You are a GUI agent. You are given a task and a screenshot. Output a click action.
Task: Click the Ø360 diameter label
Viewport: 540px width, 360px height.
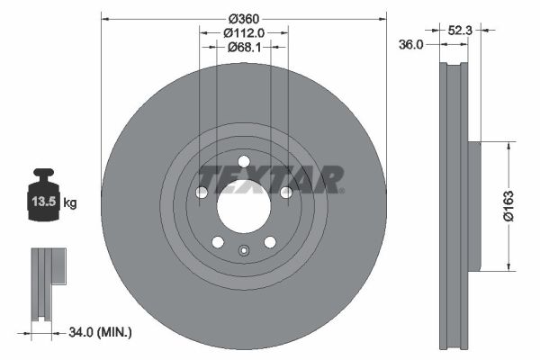[x=243, y=19]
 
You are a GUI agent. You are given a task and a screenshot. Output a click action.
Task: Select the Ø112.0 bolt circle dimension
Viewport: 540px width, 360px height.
[x=243, y=33]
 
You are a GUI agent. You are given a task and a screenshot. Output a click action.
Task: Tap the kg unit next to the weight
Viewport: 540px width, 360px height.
[x=70, y=203]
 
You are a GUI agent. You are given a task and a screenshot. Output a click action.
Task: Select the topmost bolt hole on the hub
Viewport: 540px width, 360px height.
[x=243, y=162]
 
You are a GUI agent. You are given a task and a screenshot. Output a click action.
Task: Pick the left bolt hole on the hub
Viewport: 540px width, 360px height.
[x=202, y=193]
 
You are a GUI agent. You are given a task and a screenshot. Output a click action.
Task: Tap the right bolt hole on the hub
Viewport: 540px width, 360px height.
[x=286, y=192]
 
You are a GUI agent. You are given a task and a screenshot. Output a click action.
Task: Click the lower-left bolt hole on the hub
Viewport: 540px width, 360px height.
[x=217, y=241]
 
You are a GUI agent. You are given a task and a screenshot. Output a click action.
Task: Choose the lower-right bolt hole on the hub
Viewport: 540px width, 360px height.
[x=269, y=241]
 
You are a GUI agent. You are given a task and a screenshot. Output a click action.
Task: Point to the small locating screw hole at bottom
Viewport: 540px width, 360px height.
[x=243, y=251]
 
